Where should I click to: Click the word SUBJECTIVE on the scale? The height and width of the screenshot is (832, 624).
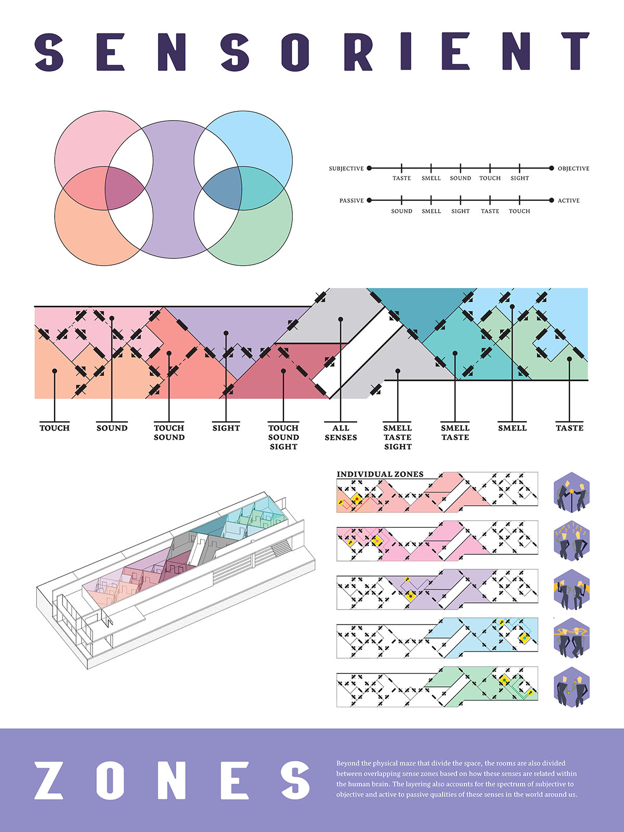[x=346, y=168]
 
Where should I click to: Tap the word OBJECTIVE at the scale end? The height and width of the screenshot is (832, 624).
[x=574, y=168]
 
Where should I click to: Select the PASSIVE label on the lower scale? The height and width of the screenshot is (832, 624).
[x=352, y=200]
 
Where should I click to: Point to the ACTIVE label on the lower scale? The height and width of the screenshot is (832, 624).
[x=568, y=200]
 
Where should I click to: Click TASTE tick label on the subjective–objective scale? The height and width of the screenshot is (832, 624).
[x=401, y=178]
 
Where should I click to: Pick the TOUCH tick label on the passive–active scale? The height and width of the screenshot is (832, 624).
[x=519, y=211]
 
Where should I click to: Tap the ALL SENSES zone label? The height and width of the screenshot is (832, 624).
[x=341, y=433]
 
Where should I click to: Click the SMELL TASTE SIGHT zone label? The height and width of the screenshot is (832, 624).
[x=398, y=437]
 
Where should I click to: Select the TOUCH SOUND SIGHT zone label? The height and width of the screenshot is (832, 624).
[x=283, y=437]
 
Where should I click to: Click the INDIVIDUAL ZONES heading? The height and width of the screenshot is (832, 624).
[x=380, y=474]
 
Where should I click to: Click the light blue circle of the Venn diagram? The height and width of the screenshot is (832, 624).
[x=260, y=140]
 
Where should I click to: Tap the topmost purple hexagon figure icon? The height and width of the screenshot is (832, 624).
[x=572, y=492]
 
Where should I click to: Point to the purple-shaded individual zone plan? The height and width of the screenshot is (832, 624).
[x=437, y=590]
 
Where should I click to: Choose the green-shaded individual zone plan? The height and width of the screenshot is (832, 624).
[x=437, y=687]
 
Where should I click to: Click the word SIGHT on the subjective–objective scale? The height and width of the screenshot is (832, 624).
[x=519, y=178]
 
